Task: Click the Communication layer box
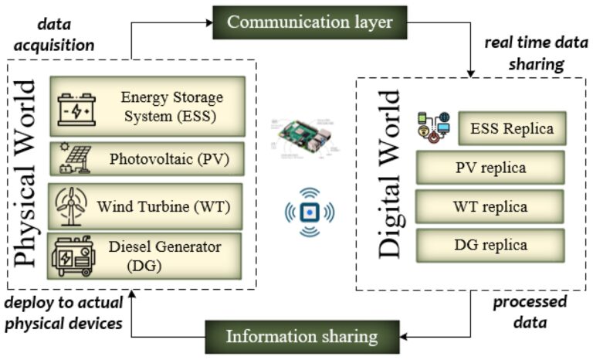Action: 310,22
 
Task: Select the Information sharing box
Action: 301,336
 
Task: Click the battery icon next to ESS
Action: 78,108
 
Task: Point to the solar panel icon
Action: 74,159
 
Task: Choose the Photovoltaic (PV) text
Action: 170,160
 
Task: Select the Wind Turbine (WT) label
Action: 163,206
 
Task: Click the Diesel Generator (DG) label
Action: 164,256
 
